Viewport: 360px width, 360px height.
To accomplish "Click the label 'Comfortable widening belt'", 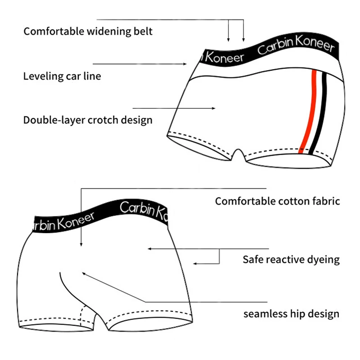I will tap(88, 31).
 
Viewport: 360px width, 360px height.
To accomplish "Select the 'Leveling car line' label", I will tap(62, 76).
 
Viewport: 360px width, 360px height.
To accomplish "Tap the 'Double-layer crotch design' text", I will tap(88, 120).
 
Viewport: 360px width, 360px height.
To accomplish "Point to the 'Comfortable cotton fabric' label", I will tap(277, 201).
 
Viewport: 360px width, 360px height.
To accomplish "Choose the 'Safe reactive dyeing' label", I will tap(291, 260).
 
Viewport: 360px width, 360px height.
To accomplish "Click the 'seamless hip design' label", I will tap(291, 314).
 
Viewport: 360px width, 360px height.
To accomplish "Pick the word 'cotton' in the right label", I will tap(294, 201).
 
